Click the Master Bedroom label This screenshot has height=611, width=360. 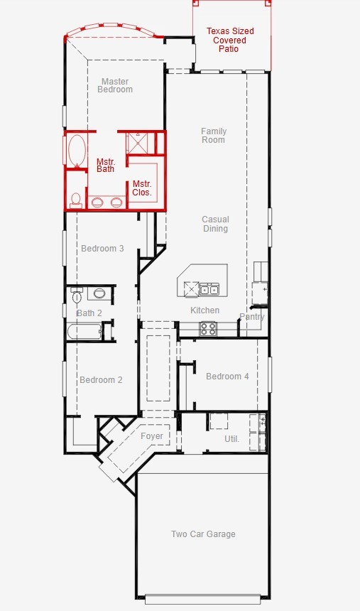(x=115, y=85)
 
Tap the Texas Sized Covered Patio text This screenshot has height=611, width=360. (x=230, y=40)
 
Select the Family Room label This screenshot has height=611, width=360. (x=214, y=135)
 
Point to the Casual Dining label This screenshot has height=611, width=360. (x=215, y=224)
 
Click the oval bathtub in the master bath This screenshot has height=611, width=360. (x=77, y=151)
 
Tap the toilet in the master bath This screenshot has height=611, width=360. (x=75, y=200)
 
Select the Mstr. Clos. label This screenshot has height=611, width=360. (x=142, y=188)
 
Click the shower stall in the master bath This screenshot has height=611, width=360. (x=141, y=144)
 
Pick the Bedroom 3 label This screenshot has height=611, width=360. (x=102, y=248)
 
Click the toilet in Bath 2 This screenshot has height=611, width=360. (x=77, y=296)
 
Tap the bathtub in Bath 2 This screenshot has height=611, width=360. (x=85, y=331)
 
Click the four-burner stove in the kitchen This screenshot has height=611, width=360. (x=208, y=328)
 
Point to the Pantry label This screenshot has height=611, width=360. (x=252, y=316)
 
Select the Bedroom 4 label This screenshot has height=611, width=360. (x=227, y=376)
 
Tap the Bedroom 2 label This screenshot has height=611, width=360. (x=102, y=379)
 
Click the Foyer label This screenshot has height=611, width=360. (x=152, y=436)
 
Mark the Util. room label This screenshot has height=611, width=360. (x=231, y=439)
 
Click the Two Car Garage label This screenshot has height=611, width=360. (x=203, y=534)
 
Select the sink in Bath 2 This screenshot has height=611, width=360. (x=99, y=293)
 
